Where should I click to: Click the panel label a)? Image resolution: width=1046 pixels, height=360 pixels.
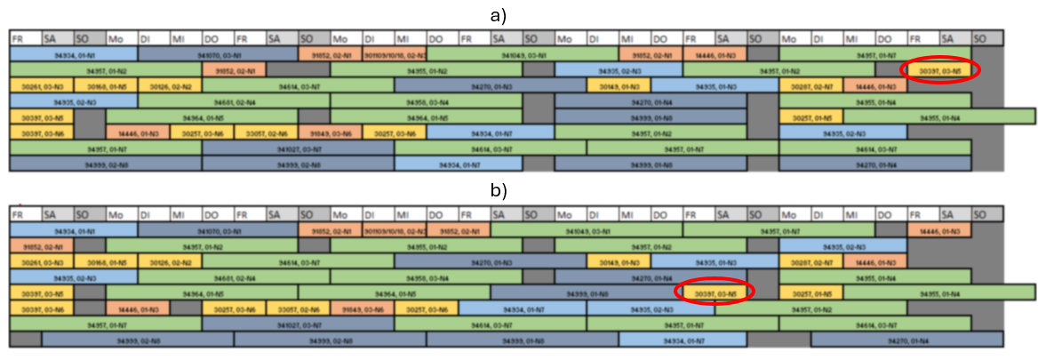[523, 14]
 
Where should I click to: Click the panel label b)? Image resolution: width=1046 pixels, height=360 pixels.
[523, 189]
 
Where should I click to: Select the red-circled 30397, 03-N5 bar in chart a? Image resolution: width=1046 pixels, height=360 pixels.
[939, 70]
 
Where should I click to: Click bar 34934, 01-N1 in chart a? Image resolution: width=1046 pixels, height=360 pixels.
[73, 54]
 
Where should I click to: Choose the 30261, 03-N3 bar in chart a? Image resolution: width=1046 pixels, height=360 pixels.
[41, 86]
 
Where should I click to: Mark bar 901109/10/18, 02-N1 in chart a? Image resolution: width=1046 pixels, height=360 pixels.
[395, 54]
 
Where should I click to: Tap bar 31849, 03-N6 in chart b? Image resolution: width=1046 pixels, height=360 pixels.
[362, 309]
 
